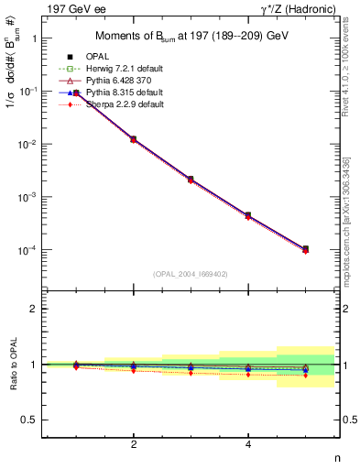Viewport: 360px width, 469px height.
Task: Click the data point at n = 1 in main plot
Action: (76, 93)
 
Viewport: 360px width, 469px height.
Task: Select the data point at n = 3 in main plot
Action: (191, 179)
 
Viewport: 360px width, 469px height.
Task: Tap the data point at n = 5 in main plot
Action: (305, 248)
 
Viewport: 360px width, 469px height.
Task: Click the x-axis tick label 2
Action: (134, 444)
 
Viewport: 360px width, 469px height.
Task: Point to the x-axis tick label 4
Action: (248, 444)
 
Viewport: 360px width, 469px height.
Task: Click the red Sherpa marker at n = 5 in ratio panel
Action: (305, 376)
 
